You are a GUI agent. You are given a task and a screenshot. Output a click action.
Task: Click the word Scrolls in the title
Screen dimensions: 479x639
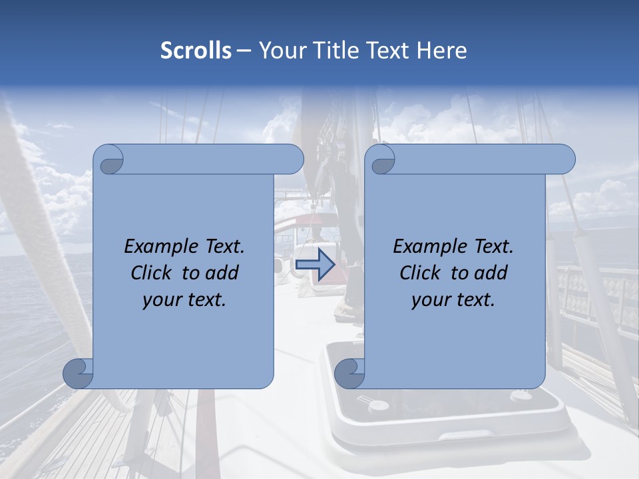(196, 51)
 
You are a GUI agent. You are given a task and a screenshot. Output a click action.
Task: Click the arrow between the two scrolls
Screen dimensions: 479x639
(315, 265)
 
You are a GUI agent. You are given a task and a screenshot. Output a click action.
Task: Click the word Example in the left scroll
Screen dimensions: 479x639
(157, 247)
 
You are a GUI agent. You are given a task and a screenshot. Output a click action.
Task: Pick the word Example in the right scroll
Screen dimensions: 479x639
(426, 247)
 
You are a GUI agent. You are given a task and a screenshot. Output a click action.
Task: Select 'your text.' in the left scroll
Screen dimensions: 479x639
(184, 300)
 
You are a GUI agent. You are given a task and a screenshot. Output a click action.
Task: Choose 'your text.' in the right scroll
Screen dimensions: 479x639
(453, 300)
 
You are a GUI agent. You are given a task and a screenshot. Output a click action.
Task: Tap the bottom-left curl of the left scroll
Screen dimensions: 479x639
(79, 373)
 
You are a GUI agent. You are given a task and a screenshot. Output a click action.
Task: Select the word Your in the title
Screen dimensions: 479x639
(280, 51)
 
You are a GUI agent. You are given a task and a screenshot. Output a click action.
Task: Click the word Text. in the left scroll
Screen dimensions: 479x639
(221, 247)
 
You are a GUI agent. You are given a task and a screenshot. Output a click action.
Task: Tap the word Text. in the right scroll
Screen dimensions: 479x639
(490, 247)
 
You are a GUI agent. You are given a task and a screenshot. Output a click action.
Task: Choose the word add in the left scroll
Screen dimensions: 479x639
(222, 273)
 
